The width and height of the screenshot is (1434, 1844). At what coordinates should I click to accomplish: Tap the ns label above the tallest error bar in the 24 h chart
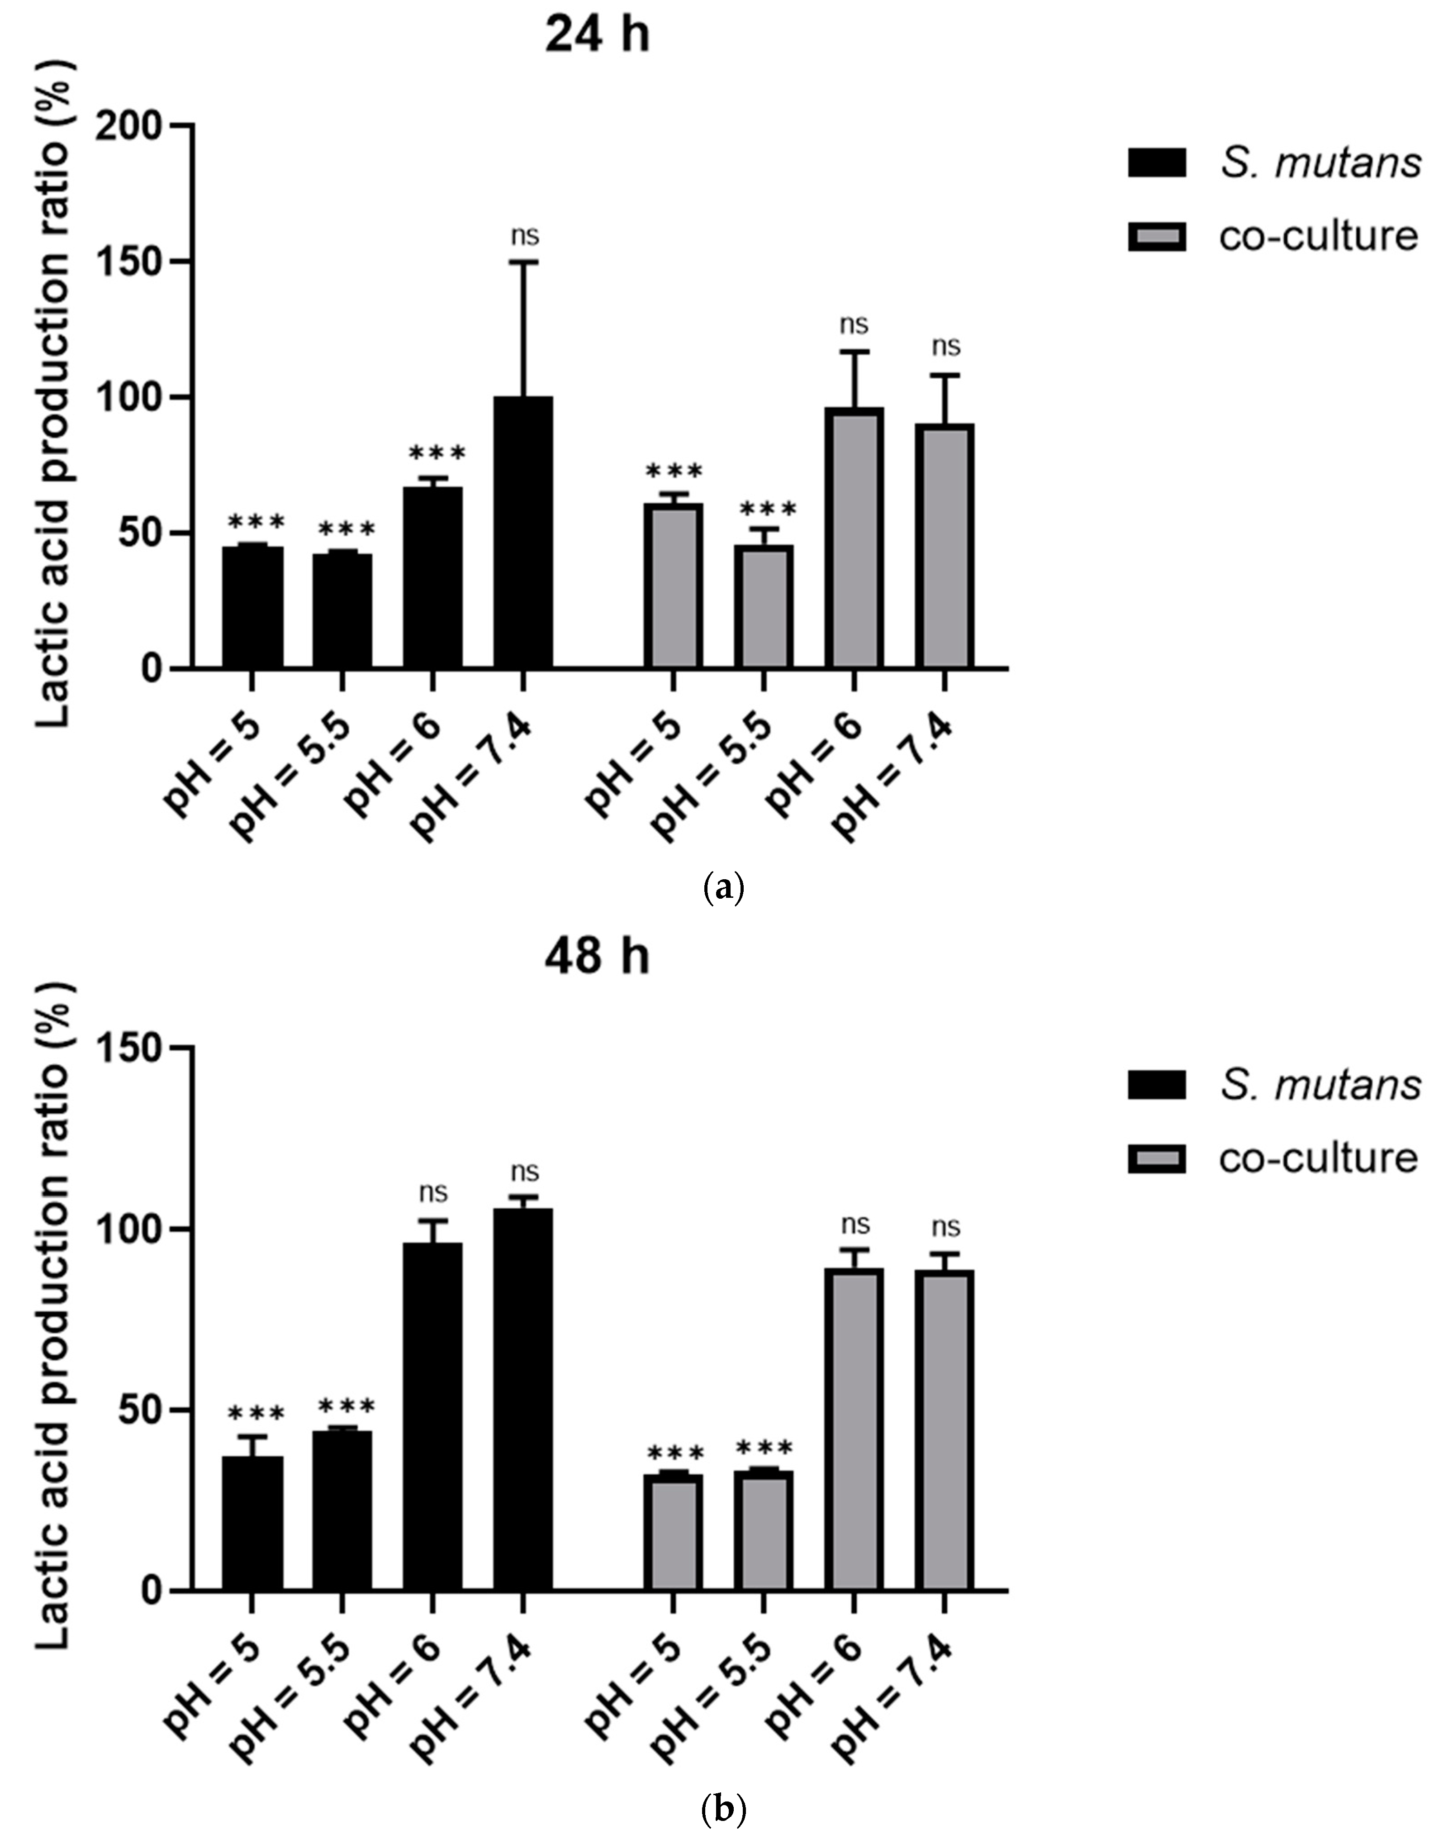click(524, 236)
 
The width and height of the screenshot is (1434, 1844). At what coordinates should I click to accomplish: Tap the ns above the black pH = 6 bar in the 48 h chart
click(433, 1193)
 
